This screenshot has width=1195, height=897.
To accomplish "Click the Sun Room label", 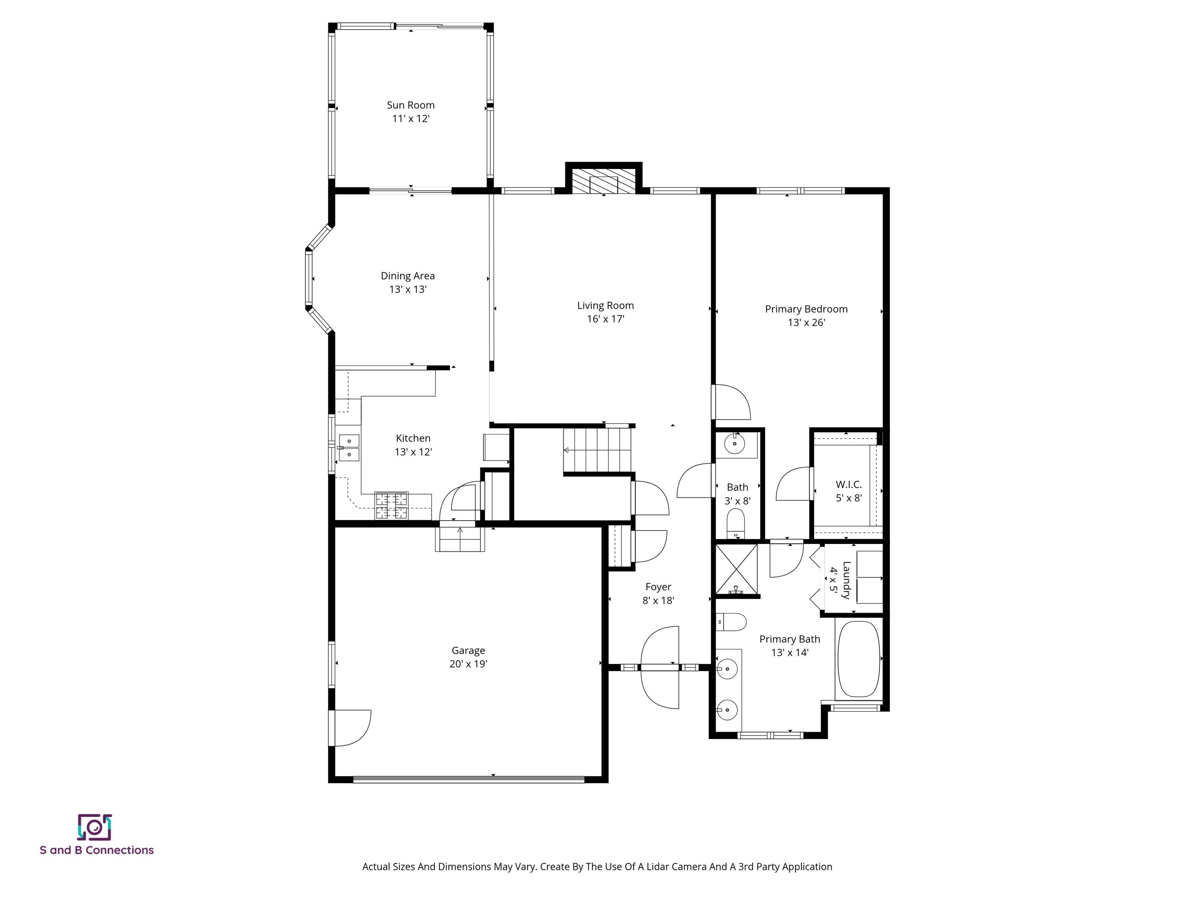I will click(x=410, y=105).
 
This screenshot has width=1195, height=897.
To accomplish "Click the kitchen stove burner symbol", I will click(x=392, y=506).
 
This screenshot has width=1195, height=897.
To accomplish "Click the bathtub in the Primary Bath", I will click(x=859, y=659).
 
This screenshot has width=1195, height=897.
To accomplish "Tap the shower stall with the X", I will click(x=736, y=569).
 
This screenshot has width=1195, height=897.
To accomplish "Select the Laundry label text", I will click(x=846, y=580).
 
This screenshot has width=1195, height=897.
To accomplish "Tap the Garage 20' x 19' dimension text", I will click(x=468, y=664).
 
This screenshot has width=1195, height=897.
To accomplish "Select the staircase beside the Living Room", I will click(x=597, y=450).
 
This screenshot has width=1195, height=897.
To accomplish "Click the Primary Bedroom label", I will click(x=806, y=309).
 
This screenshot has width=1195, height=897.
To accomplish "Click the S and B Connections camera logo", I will click(x=95, y=827).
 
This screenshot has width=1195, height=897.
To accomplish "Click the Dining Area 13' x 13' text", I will click(x=408, y=289).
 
